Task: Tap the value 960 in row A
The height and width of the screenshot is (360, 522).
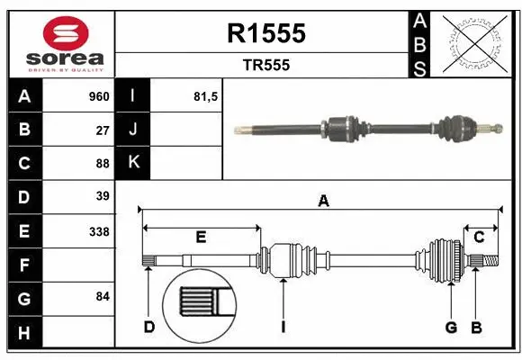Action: tap(98, 96)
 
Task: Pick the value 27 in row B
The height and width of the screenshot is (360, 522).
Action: tap(103, 130)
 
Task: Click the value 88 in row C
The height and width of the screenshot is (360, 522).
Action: tap(103, 163)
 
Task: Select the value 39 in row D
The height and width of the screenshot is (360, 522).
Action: tap(103, 196)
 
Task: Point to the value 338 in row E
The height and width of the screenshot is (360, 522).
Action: tap(99, 231)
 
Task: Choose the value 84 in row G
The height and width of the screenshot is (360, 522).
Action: tap(103, 296)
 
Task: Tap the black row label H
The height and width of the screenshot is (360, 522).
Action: tap(24, 333)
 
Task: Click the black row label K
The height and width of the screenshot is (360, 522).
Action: tap(133, 163)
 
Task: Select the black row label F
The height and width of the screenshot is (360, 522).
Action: tap(24, 265)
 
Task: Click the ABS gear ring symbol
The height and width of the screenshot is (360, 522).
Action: tap(474, 43)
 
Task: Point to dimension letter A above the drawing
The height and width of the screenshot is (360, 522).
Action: tap(323, 202)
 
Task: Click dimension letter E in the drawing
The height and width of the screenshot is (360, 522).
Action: tap(201, 238)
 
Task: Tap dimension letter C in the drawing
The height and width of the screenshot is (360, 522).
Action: tap(479, 237)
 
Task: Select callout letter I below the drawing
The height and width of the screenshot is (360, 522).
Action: tap(283, 327)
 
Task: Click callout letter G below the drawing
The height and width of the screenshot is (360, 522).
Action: tap(452, 327)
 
